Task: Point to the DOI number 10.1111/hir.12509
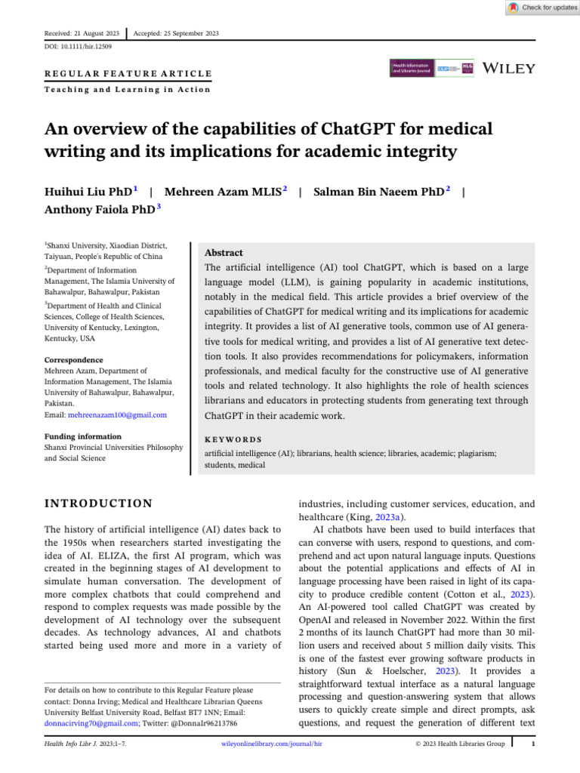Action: coord(76,47)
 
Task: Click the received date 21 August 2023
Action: coord(97,33)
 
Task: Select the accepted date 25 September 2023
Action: coord(187,33)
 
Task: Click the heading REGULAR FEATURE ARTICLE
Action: coord(128,74)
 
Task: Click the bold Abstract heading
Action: coord(224,252)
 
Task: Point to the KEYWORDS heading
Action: coord(234,439)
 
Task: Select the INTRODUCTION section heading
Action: coord(98,504)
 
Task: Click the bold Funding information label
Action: coord(82,436)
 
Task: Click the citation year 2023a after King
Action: coord(391,517)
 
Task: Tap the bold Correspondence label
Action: coord(73,360)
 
